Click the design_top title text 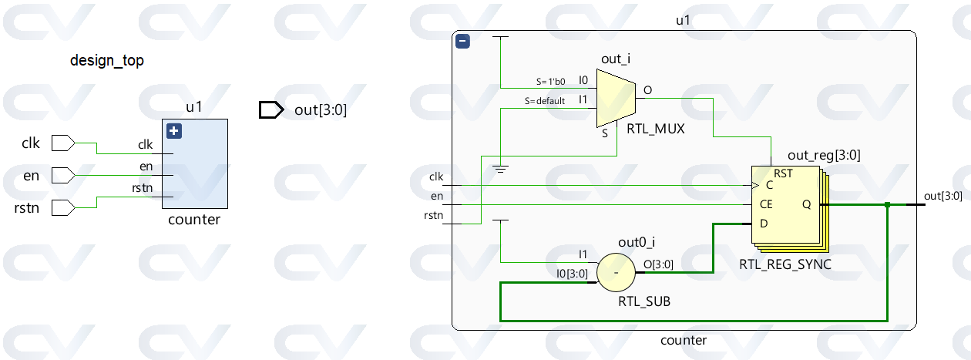pyautogui.click(x=107, y=60)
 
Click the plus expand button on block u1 pyautogui.click(x=174, y=131)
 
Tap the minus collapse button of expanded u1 pyautogui.click(x=462, y=42)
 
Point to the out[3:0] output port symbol pyautogui.click(x=271, y=110)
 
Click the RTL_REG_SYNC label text pyautogui.click(x=785, y=264)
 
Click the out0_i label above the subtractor pyautogui.click(x=637, y=242)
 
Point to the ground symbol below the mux pyautogui.click(x=501, y=168)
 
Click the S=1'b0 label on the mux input pyautogui.click(x=550, y=81)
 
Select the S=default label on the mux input pyautogui.click(x=545, y=101)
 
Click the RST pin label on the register pyautogui.click(x=783, y=173)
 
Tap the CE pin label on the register pyautogui.click(x=766, y=204)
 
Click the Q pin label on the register pyautogui.click(x=806, y=204)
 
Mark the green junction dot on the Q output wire pyautogui.click(x=888, y=204)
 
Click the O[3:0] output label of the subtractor pyautogui.click(x=659, y=264)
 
